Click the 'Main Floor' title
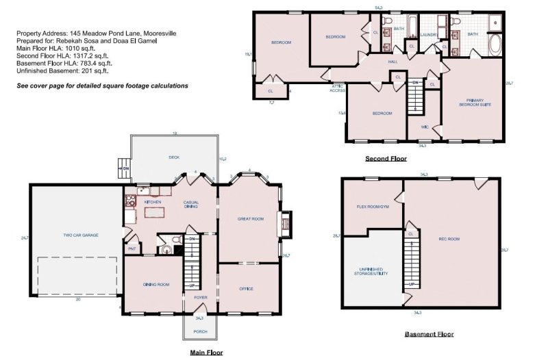pos(206,352)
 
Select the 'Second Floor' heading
pos(386,158)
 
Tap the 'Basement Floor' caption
pos(429,334)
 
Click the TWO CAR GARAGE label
pos(81,235)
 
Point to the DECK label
pos(174,157)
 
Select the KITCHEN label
pos(152,203)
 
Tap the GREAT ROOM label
pos(251,219)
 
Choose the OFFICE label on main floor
pos(247,289)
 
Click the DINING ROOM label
pos(155,284)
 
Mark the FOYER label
pos(200,298)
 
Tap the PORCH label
pos(200,331)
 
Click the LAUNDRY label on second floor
pos(429,34)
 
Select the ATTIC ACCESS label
pos(338,88)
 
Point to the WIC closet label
pos(425,127)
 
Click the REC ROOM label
pos(449,239)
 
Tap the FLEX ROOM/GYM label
pos(373,206)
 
